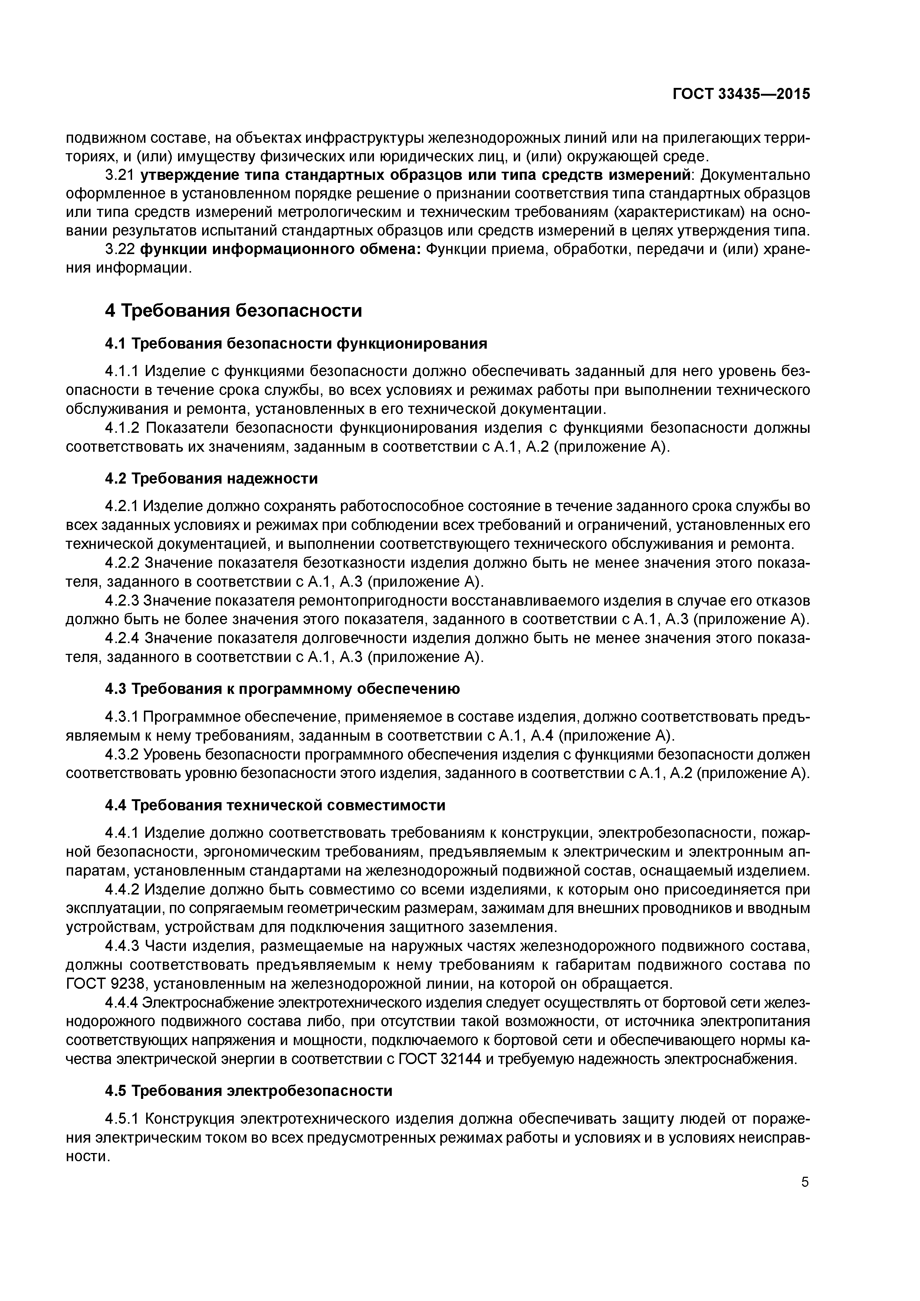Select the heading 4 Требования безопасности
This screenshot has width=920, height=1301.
pyautogui.click(x=234, y=310)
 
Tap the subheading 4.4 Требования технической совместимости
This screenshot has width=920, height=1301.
pyautogui.click(x=275, y=805)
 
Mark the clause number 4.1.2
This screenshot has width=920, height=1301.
pyautogui.click(x=122, y=427)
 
